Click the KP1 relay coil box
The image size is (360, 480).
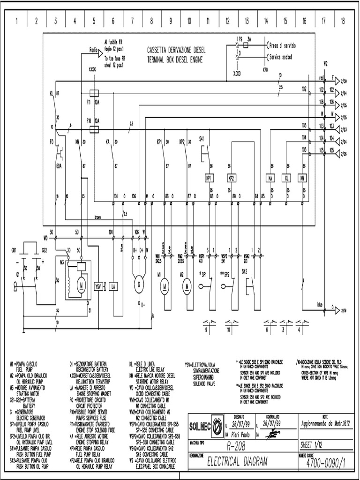209,179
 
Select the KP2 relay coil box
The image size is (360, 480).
231,179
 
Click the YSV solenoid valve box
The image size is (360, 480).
99,286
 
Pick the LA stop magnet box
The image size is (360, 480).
114,286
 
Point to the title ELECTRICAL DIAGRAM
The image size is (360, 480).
238,462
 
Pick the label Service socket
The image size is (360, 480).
282,57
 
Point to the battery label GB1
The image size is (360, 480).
15,249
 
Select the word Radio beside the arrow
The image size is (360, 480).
93,49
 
